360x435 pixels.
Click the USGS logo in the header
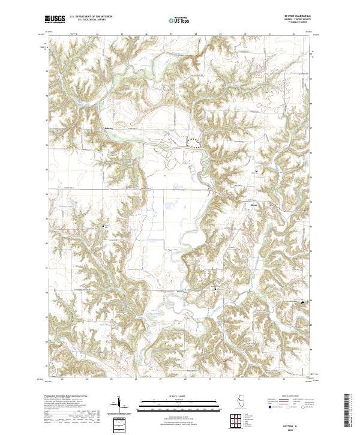click(x=55, y=19)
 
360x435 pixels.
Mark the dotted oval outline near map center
click(x=194, y=142)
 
